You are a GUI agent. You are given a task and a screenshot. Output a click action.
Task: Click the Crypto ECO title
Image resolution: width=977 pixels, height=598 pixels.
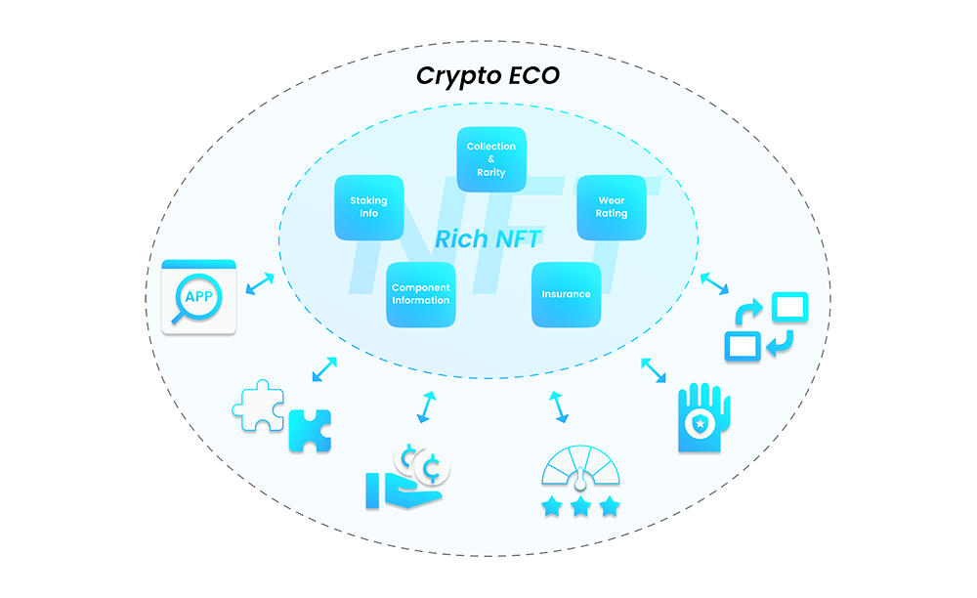(488, 76)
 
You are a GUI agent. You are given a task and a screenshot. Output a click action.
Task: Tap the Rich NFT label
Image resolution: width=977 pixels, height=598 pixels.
(488, 238)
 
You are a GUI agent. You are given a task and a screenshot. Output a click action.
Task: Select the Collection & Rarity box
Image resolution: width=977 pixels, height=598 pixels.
(491, 159)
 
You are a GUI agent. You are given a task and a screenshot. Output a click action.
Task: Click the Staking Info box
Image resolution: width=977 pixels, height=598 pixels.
(369, 207)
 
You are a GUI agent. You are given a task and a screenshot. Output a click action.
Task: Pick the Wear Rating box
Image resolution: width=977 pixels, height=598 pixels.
(612, 207)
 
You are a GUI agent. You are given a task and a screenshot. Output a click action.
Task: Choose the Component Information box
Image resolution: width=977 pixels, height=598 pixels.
(420, 294)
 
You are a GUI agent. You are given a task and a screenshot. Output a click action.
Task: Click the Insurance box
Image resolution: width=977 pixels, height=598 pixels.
(566, 294)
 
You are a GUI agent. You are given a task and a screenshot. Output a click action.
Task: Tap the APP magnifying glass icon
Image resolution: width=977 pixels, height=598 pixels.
(198, 297)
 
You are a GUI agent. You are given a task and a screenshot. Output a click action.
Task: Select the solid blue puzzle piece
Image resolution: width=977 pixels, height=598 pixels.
(310, 431)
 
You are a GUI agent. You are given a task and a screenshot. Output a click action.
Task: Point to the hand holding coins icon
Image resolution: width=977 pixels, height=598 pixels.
(406, 477)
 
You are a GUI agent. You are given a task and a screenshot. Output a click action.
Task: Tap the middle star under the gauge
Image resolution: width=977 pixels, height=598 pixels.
(580, 506)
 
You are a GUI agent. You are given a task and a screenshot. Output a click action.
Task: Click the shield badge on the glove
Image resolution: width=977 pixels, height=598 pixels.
(701, 424)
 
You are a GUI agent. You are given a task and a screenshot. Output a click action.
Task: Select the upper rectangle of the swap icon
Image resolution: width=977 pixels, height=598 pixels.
(789, 307)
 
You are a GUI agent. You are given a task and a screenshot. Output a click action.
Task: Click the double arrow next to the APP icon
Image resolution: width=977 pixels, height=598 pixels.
(260, 283)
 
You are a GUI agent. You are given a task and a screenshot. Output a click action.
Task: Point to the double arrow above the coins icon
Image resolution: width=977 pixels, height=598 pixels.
(426, 407)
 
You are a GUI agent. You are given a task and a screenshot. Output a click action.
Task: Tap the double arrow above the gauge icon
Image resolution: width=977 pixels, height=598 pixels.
(558, 407)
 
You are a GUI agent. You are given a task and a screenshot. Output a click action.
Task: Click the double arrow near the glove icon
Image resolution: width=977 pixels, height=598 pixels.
(653, 370)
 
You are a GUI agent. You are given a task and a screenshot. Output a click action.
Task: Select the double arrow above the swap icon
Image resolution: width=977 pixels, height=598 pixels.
(714, 283)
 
